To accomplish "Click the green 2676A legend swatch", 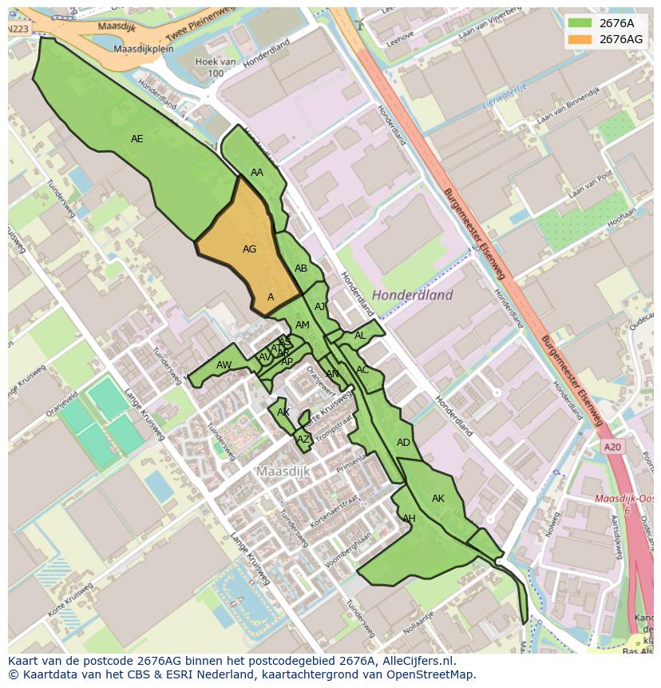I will pos(580,23).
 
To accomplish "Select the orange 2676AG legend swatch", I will pos(580,39).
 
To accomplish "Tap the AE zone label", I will pos(137,139).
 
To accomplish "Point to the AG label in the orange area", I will pos(249,249).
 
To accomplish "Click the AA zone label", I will pos(257,173).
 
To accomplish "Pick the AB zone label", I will pos(301,268).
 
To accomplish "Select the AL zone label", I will pos(360,336).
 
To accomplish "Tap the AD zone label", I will pos(403,443).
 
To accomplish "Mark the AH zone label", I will pos(409,519).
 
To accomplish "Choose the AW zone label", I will pos(224,365).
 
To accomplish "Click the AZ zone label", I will pos(303,439).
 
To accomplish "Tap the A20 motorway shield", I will pos(612,447).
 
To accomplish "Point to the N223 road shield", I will pos(18,29).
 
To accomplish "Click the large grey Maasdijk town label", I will pos(283,471).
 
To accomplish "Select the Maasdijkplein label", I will pos(144,49).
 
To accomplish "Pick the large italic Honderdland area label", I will pos(412,295).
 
